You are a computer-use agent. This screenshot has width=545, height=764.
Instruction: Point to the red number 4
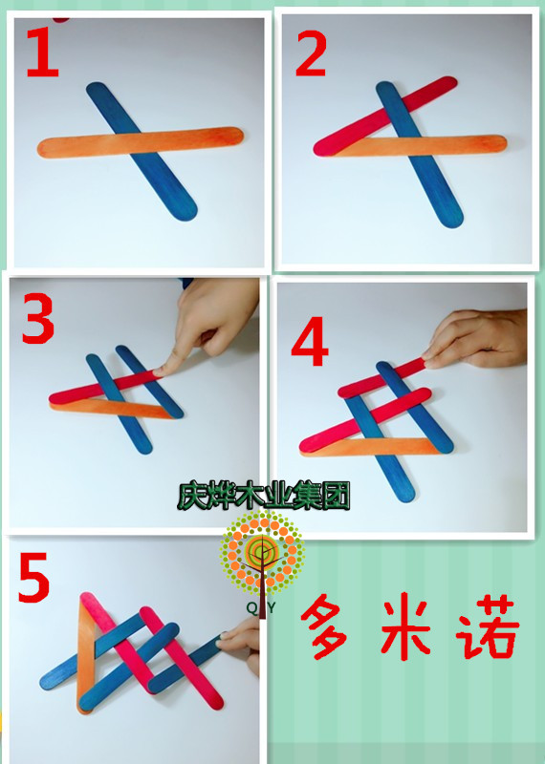310,345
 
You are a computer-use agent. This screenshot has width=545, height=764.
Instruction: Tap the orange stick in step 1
76,146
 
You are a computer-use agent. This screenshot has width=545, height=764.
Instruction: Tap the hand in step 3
215,325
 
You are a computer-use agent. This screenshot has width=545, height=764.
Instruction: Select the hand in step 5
244,640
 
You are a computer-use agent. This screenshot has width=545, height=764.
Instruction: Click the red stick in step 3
76,392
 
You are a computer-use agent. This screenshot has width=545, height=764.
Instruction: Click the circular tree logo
259,551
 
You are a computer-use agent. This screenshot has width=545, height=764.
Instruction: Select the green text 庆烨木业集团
263,496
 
